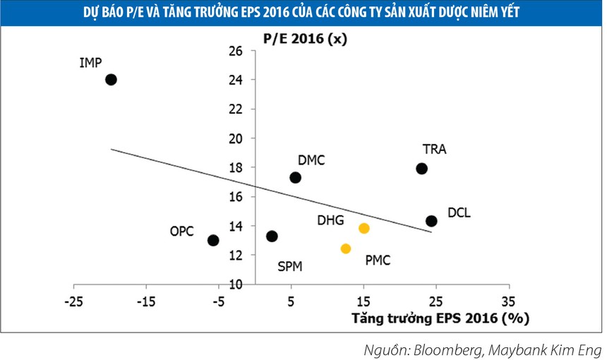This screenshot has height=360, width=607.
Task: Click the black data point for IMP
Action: [111, 80]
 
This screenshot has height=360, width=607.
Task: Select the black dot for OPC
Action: [213, 240]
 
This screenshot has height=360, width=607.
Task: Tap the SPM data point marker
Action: [272, 236]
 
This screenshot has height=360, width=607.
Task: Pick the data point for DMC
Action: [295, 177]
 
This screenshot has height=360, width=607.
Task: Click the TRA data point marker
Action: [421, 168]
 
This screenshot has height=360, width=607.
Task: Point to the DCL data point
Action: [431, 221]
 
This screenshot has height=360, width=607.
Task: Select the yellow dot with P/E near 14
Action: [364, 228]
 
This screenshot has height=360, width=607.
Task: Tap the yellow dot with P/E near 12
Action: [346, 248]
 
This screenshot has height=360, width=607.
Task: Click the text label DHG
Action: [330, 221]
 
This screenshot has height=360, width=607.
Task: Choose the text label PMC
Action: [378, 260]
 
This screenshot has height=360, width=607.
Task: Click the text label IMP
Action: [91, 64]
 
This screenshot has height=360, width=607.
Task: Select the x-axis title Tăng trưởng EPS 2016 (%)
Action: [440, 318]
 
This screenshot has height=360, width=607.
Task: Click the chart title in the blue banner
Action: [303, 12]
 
